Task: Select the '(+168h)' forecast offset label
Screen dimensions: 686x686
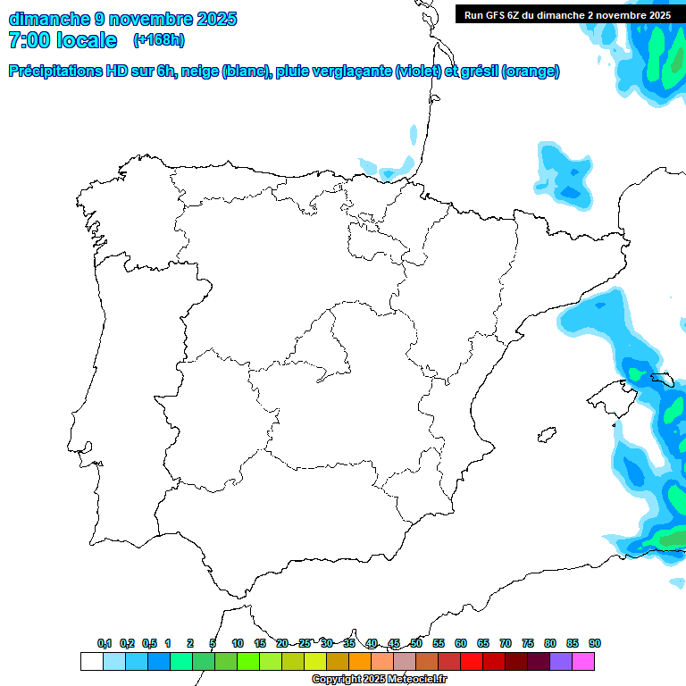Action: click(x=158, y=39)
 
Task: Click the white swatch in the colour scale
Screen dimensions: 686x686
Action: click(x=91, y=662)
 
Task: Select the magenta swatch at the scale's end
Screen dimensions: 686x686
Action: click(x=583, y=662)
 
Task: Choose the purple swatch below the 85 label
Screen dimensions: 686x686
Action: click(x=561, y=662)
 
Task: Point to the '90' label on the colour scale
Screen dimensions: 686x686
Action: click(x=595, y=643)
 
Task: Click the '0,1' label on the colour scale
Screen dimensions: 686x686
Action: click(x=105, y=643)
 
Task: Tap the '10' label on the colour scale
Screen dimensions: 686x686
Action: click(x=237, y=643)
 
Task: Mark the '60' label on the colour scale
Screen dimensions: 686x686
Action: click(x=461, y=643)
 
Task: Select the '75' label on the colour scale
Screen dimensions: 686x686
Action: click(x=528, y=643)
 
